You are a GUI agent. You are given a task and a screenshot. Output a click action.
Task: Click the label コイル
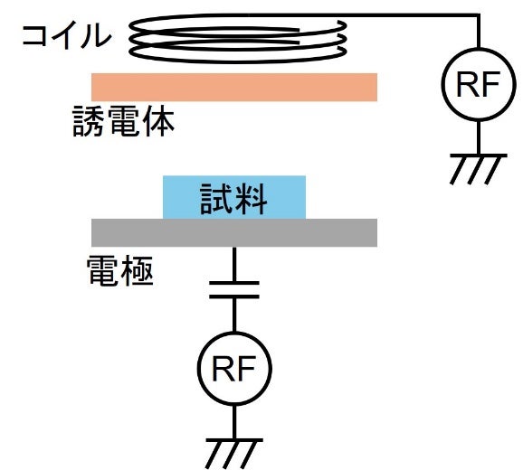tap(66, 35)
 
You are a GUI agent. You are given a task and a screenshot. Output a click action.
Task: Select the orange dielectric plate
tap(234, 87)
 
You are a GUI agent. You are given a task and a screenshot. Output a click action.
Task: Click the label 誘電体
tap(123, 121)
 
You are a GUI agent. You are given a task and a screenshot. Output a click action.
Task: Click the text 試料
tap(233, 199)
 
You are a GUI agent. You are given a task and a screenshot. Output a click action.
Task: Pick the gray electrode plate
tap(234, 232)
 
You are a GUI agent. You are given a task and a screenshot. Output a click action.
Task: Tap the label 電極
tap(120, 271)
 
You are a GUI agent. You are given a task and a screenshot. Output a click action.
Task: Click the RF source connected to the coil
tap(479, 84)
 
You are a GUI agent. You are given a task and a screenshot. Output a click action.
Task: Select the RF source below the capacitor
tap(234, 369)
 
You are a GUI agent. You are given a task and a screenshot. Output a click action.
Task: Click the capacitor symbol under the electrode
tap(234, 289)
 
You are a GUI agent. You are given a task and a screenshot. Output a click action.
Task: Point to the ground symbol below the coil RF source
tap(479, 169)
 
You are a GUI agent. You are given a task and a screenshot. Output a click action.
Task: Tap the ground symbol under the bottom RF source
tap(234, 454)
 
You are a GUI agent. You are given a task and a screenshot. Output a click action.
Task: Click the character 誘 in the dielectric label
tap(88, 121)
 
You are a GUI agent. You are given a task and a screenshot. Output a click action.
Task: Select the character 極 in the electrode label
tap(138, 271)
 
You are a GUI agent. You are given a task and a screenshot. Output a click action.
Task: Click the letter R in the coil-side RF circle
tap(467, 84)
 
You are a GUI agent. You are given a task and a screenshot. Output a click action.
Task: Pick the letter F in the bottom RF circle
tap(245, 369)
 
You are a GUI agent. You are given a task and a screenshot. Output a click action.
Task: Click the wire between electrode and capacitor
tap(234, 264)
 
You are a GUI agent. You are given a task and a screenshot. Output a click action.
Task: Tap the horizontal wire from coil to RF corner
tap(394, 15)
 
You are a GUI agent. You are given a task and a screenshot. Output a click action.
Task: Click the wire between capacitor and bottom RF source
tap(234, 315)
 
